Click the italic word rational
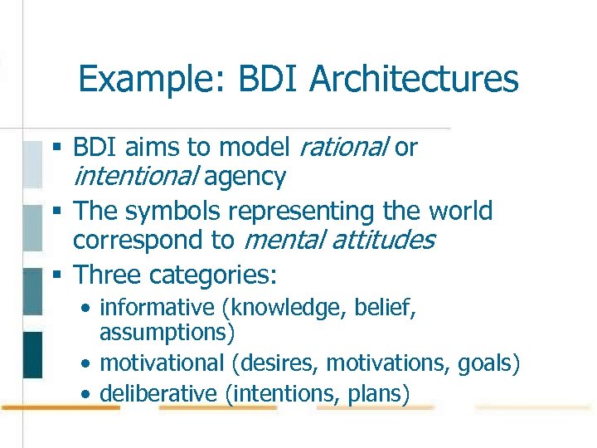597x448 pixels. tap(342, 148)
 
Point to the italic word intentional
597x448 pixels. tap(135, 176)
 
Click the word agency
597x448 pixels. tap(245, 176)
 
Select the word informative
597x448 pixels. tap(157, 308)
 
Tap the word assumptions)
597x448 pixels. tap(167, 333)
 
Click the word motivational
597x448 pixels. tap(162, 363)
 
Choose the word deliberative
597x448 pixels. tap(158, 393)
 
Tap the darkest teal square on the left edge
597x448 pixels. tap(32, 354)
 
